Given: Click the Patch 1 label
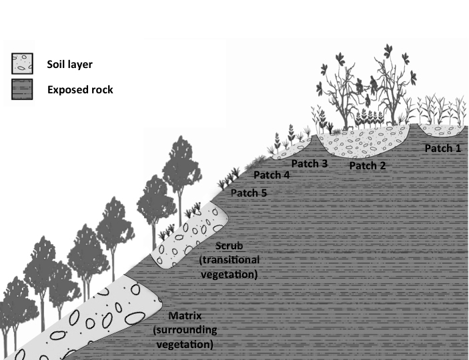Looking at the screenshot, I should point(442,149).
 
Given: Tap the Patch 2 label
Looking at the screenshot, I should point(367,165).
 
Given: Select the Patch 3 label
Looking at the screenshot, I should point(310,163).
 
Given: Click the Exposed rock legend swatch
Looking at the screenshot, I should point(22,90).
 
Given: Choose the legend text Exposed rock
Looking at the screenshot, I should point(80,90).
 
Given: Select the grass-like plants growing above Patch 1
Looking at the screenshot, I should point(440,110).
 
